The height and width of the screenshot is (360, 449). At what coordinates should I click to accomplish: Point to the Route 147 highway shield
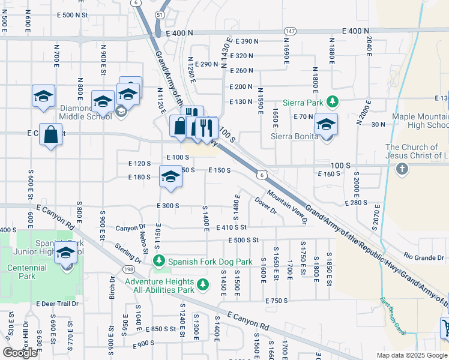pyautogui.click(x=290, y=31)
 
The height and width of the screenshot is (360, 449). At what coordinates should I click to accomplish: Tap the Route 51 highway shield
pyautogui.click(x=158, y=13)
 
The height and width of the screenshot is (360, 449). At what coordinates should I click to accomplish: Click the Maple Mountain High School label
pyautogui.click(x=420, y=121)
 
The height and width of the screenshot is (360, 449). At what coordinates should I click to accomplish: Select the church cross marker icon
pyautogui.click(x=402, y=169)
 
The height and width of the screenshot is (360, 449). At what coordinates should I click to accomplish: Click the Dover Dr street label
pyautogui.click(x=265, y=206)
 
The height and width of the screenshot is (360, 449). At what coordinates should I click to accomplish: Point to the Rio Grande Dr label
pyautogui.click(x=424, y=257)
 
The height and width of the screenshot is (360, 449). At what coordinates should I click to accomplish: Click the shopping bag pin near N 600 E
pyautogui.click(x=51, y=135)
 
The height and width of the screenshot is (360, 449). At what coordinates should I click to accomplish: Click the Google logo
pyautogui.click(x=20, y=353)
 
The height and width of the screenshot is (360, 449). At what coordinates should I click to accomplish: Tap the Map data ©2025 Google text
pyautogui.click(x=412, y=355)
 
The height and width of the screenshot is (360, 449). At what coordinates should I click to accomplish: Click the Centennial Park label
pyautogui.click(x=27, y=272)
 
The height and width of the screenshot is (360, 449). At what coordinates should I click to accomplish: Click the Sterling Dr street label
pyautogui.click(x=128, y=252)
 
